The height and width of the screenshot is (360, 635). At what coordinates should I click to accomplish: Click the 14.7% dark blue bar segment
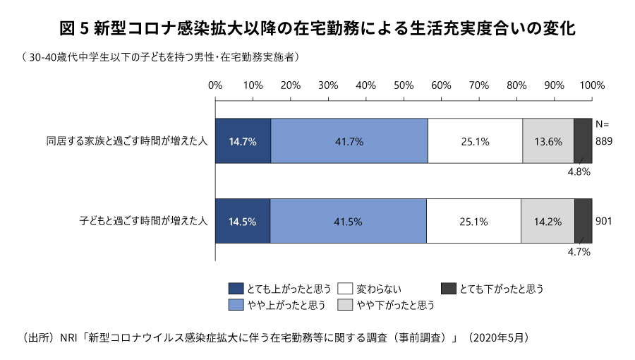[x=243, y=140]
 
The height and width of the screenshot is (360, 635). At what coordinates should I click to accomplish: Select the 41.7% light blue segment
[x=349, y=140]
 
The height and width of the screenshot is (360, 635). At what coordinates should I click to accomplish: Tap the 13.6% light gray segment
[x=548, y=140]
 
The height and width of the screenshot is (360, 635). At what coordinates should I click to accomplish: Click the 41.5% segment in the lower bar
[x=348, y=221]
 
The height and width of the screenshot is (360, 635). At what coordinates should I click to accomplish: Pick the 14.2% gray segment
[x=548, y=221]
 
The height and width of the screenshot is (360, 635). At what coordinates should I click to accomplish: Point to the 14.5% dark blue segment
[x=242, y=221]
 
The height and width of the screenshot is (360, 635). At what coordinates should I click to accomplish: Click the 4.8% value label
[x=580, y=171]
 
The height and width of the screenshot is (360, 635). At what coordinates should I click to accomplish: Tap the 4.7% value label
[x=580, y=251]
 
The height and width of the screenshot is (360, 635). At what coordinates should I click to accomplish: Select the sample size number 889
[x=603, y=140]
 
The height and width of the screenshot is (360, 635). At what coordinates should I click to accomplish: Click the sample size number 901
[x=603, y=221]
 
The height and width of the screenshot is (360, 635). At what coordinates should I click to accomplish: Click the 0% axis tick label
[x=215, y=85]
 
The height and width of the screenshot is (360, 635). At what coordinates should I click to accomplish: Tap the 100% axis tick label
[x=591, y=85]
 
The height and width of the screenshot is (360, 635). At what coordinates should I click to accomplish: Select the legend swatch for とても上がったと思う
[x=236, y=289]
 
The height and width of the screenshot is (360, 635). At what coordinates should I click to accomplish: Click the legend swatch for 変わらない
[x=345, y=289]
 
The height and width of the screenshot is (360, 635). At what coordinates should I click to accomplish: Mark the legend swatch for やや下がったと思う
[x=345, y=306]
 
